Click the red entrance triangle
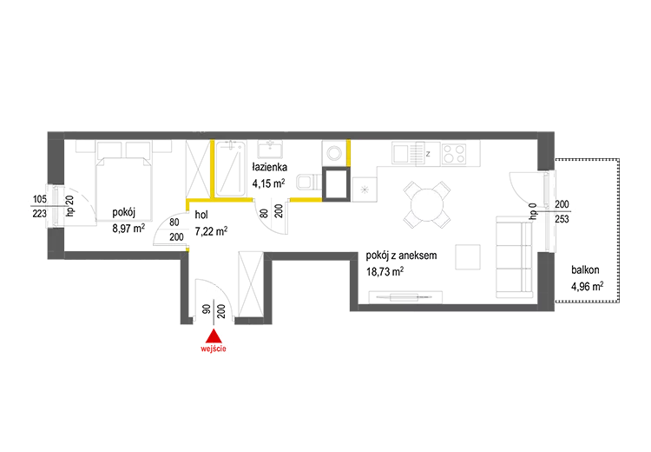214,336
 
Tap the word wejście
214,349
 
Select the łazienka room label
269,167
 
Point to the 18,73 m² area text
385,271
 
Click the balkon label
585,269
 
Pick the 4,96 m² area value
587,287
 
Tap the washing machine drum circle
334,153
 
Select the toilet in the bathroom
308,183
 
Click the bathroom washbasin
270,149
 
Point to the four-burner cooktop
454,154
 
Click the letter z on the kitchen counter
428,154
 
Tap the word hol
201,215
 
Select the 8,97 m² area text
128,229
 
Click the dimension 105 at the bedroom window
40,199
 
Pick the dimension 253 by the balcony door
562,219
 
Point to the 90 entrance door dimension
206,309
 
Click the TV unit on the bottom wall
405,297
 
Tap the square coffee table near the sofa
468,257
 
